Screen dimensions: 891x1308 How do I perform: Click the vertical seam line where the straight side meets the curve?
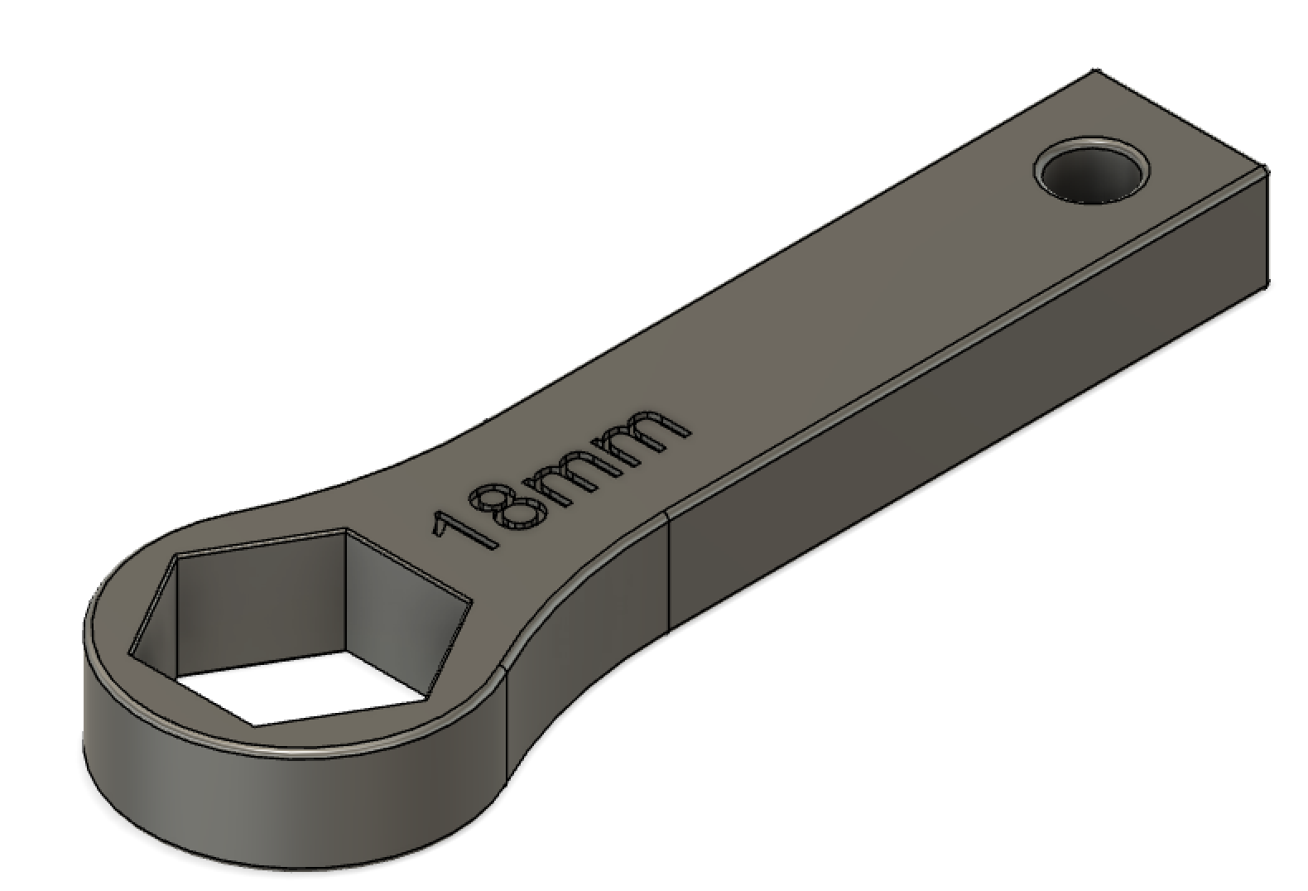coord(668,571)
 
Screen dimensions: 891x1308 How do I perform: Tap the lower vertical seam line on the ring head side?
coord(507,720)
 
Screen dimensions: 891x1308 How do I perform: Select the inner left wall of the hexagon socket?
coord(157,613)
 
